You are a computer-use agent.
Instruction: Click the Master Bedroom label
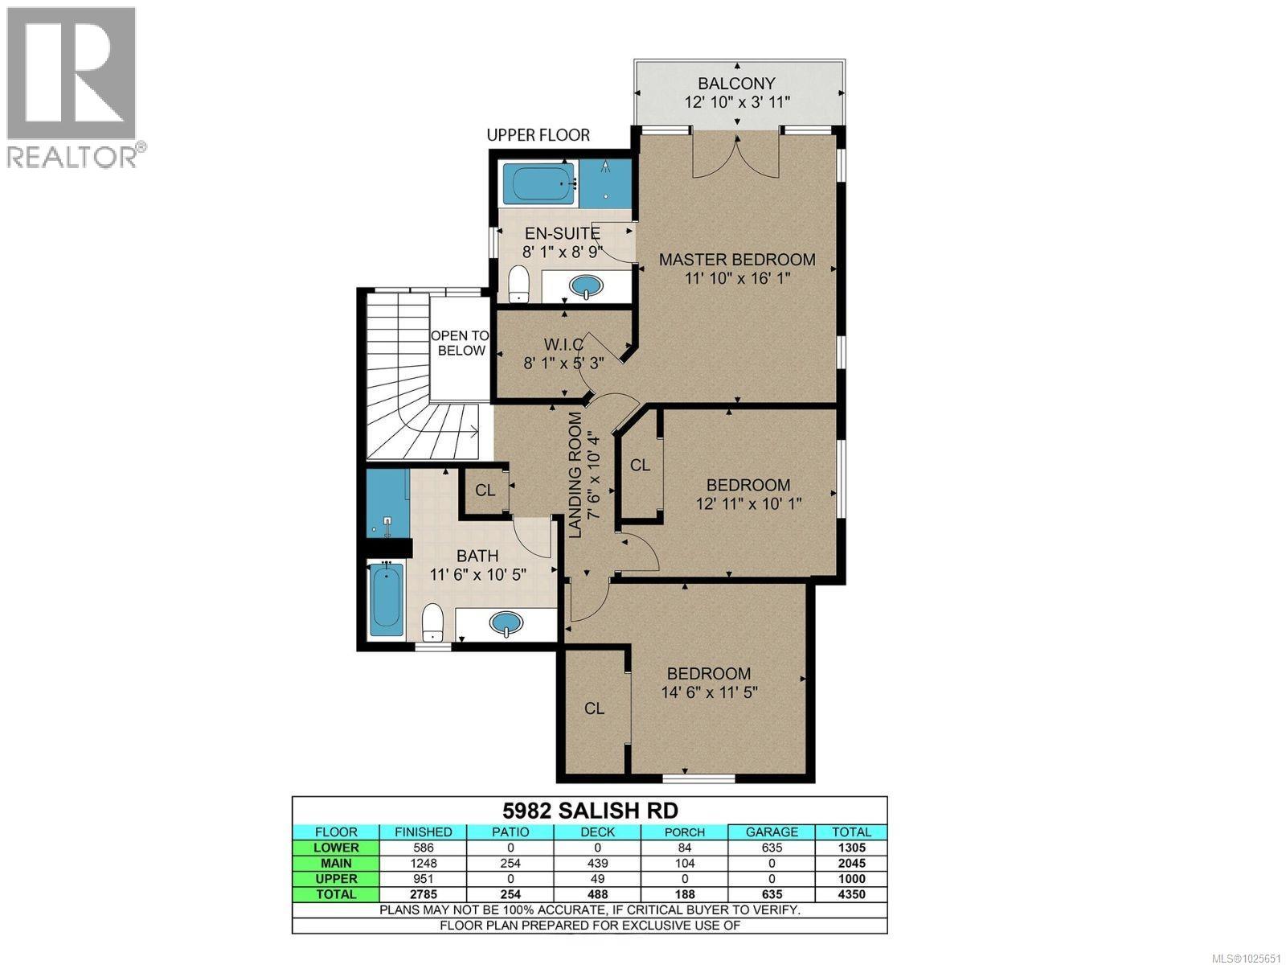[x=737, y=260]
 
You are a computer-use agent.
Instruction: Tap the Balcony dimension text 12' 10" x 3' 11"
[x=737, y=102]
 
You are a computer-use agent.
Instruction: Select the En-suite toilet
[x=519, y=285]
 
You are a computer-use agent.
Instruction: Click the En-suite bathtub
[x=537, y=184]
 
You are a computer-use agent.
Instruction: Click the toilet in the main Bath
[x=433, y=622]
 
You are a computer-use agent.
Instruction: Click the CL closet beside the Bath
[x=485, y=490]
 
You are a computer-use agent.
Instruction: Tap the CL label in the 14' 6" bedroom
[x=594, y=708]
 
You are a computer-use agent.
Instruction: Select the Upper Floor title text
[x=538, y=135]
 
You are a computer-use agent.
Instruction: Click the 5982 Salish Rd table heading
[x=589, y=810]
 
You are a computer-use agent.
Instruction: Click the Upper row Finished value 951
[x=423, y=879]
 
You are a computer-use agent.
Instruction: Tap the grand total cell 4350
[x=851, y=894]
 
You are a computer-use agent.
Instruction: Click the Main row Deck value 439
[x=597, y=863]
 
